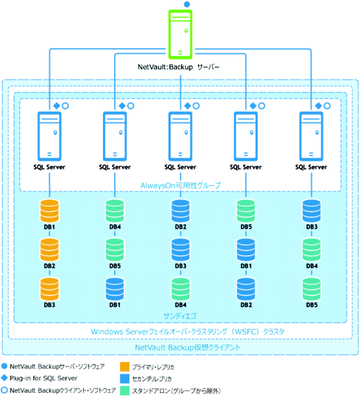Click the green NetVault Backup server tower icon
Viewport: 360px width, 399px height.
180,34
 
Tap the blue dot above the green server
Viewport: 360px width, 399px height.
187,4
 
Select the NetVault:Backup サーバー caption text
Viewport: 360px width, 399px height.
178,67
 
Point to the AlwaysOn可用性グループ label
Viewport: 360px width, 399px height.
180,185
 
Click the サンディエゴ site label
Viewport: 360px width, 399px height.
180,316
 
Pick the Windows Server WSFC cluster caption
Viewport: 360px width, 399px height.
187,331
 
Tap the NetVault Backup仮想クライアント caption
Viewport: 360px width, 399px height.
187,348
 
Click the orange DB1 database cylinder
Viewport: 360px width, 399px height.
49,210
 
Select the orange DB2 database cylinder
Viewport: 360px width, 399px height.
49,250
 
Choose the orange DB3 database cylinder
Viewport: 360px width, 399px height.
49,289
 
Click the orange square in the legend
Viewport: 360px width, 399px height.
125,367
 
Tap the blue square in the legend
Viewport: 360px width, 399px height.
125,379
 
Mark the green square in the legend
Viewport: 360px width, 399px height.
125,391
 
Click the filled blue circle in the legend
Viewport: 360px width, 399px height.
4,366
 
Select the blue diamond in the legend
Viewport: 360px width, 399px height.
4,378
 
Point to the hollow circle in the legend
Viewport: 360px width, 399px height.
4,390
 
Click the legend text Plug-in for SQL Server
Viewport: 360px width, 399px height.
43,379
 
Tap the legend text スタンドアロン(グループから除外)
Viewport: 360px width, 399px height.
176,391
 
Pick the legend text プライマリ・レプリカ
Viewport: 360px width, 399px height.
153,367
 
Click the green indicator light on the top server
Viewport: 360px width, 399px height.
186,31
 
